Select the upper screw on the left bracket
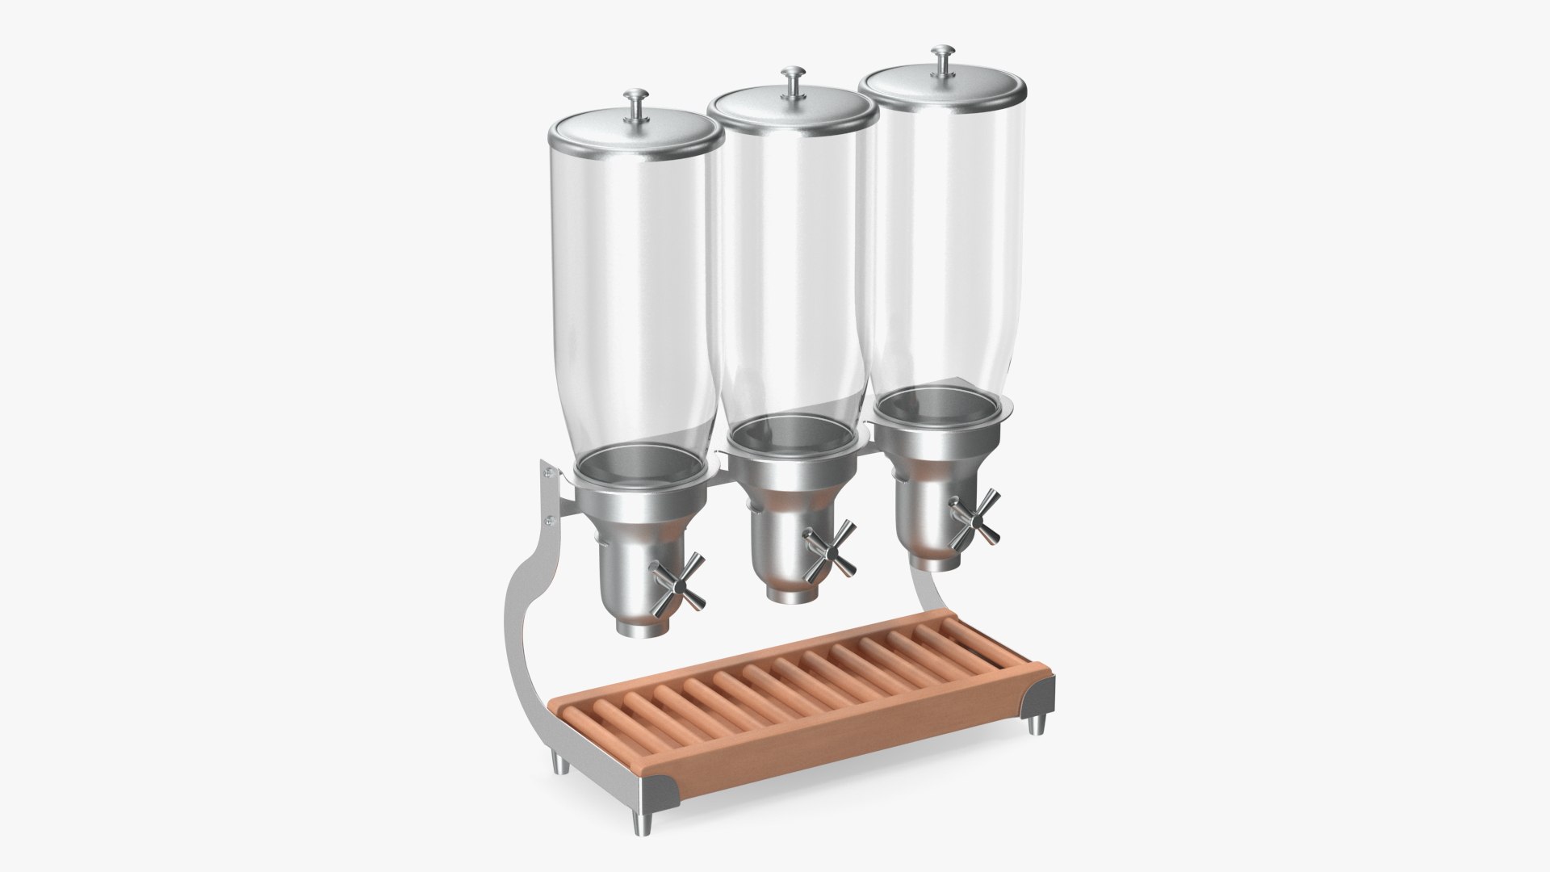point(549,473)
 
